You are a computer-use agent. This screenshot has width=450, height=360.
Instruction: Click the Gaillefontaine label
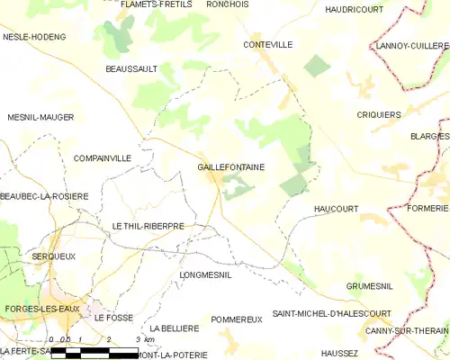230,167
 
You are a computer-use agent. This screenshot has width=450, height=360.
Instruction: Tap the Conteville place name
268,44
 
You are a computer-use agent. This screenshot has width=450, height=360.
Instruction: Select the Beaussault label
131,69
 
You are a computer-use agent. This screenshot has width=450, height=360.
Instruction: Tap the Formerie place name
427,208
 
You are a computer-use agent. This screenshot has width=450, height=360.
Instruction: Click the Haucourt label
336,209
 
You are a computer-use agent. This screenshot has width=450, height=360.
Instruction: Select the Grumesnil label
369,286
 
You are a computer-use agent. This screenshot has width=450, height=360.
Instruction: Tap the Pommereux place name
236,319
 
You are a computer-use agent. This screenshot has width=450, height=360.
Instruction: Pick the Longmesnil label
206,274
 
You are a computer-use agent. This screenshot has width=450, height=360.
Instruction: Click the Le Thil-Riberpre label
148,226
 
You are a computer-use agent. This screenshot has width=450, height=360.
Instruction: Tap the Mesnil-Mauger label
40,118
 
